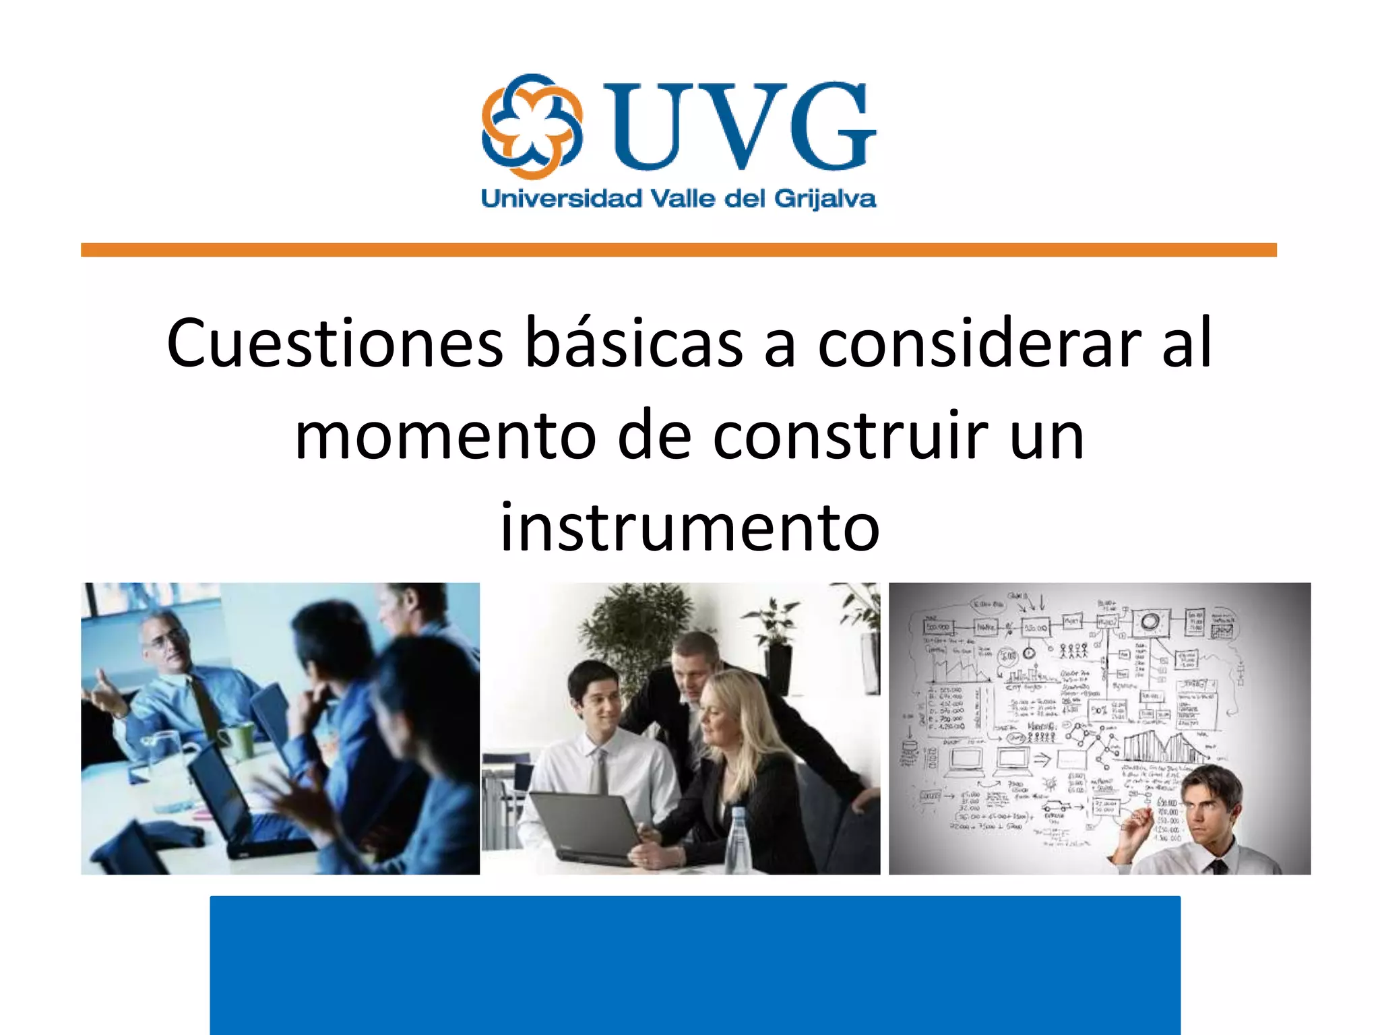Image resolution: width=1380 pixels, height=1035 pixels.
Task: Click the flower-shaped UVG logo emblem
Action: (532, 127)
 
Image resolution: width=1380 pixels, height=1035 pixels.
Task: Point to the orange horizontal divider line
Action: (678, 250)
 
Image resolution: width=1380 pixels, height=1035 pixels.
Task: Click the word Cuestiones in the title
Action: (335, 344)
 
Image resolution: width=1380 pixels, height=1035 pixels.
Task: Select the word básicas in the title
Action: (633, 344)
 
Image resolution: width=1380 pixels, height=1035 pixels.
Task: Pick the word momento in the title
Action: (445, 436)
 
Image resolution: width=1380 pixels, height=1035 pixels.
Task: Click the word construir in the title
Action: (850, 436)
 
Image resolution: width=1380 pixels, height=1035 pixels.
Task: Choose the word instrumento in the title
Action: (689, 528)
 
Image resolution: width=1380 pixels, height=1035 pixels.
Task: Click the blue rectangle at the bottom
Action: (695, 965)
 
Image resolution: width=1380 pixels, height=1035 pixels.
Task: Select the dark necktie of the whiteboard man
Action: (1219, 867)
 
